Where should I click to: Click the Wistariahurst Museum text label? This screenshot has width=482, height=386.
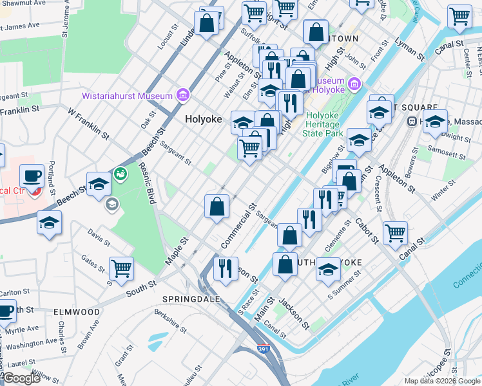[127, 96]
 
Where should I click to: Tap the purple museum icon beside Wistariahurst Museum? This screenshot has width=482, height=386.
[184, 96]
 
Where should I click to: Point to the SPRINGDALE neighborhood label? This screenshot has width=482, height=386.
[191, 300]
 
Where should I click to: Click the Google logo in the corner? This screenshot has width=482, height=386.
[21, 379]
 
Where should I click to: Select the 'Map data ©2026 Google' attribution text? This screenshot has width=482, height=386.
[442, 381]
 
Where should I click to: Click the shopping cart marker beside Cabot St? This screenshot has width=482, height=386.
[395, 232]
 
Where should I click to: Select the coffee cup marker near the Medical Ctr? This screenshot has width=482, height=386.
[31, 175]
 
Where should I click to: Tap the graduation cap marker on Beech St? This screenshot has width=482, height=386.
[99, 183]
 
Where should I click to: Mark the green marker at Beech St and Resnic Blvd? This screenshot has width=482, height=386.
[120, 173]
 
